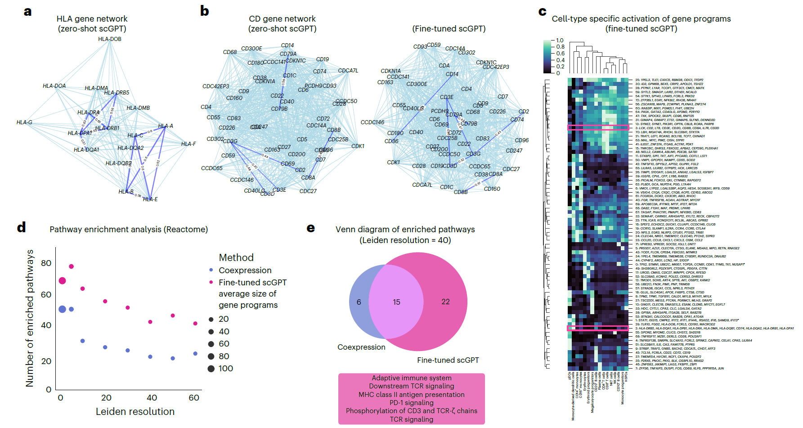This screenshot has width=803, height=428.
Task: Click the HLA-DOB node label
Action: (109, 39)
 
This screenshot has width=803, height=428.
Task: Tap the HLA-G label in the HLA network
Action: (24, 122)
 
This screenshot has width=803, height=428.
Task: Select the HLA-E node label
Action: (150, 199)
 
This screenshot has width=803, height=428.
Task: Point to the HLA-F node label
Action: (188, 144)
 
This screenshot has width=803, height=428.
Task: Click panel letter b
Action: (205, 11)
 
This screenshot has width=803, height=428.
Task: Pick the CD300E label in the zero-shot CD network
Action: (251, 49)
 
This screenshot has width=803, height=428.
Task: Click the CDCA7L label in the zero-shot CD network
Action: (348, 71)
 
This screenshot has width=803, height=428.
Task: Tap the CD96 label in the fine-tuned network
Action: (522, 140)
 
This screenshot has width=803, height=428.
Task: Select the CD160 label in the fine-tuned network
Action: (492, 189)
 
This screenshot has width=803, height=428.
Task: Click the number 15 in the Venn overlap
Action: (396, 302)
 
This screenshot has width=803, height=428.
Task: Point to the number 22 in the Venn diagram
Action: (445, 302)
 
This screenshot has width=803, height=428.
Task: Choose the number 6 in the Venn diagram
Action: (359, 302)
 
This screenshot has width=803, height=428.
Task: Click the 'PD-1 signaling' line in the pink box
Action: (412, 403)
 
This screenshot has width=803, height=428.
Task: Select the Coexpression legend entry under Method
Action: (245, 270)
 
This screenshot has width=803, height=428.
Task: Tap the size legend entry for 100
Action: (225, 369)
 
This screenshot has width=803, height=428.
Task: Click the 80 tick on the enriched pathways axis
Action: (46, 263)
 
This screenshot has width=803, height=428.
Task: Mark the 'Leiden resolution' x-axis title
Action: (135, 411)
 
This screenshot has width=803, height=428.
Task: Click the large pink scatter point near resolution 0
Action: (63, 281)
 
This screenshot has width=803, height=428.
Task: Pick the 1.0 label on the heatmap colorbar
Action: (560, 41)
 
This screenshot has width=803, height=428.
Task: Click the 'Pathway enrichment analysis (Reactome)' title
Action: (129, 230)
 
